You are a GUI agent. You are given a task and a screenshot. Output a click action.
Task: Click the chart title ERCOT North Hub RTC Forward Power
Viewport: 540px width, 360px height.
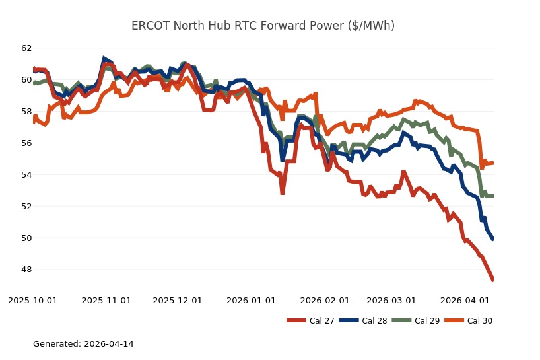tap(263, 26)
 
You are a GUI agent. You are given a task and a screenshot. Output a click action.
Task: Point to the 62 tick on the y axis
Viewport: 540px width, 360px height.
tap(26, 48)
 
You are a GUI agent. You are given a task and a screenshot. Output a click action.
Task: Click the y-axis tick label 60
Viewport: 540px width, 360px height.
tap(26, 80)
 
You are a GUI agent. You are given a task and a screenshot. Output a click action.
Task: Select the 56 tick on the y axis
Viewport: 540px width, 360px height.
tap(26, 143)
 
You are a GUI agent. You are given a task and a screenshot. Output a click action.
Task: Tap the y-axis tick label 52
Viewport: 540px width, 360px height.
tap(26, 206)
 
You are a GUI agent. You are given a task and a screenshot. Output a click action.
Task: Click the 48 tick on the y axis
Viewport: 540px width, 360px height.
tap(26, 270)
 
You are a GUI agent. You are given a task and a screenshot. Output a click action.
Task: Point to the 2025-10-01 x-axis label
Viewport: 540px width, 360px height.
tap(32, 300)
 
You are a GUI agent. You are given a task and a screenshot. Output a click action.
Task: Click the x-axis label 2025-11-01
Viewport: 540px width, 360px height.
tap(106, 300)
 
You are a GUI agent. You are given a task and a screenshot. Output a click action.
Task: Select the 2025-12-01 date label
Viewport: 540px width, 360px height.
tap(178, 300)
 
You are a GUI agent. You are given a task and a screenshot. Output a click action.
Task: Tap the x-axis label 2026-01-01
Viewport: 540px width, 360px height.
tap(252, 300)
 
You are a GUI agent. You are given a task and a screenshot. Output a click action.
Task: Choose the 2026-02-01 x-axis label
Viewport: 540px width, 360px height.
tap(325, 300)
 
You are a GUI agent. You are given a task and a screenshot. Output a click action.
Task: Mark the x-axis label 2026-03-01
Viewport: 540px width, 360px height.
tap(391, 300)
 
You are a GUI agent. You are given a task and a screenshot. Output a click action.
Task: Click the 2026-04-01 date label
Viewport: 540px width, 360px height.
tap(465, 300)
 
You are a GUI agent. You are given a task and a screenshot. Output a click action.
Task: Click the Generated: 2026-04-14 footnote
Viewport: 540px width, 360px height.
tap(83, 344)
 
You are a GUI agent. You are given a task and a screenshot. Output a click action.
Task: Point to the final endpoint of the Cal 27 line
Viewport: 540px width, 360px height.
tap(493, 281)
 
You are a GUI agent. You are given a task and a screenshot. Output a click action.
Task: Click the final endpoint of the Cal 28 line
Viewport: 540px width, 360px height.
tap(493, 239)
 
